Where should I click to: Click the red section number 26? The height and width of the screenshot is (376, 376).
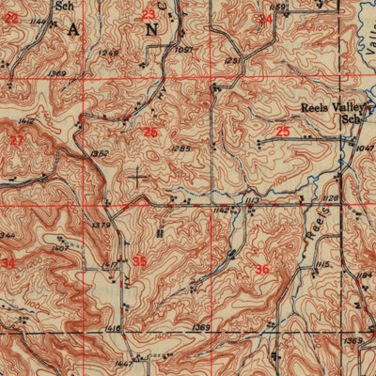(150, 133)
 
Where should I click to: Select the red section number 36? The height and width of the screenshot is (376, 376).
(261, 269)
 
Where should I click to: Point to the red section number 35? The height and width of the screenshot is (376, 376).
(139, 260)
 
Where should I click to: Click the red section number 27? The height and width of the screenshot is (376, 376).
(16, 140)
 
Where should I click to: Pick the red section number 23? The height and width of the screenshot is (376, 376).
(149, 14)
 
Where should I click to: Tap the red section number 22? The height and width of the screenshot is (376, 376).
(10, 17)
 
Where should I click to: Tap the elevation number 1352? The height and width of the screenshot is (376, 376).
(100, 153)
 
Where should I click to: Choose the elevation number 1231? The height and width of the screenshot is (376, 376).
(233, 62)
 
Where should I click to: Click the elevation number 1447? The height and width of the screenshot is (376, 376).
(123, 362)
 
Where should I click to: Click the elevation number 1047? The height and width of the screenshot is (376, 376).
(366, 149)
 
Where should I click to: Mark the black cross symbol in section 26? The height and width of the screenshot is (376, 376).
(139, 175)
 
